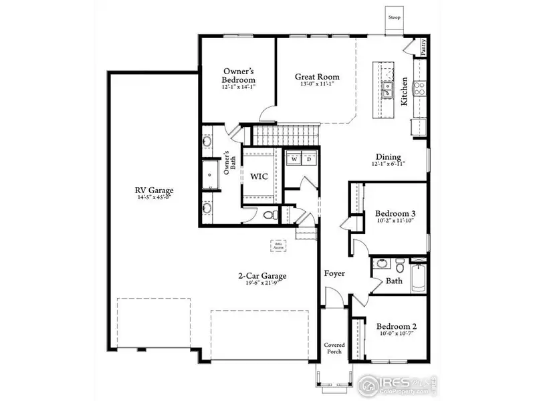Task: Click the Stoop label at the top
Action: (x=395, y=17)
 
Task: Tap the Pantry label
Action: (x=423, y=47)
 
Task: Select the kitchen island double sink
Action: (x=386, y=87)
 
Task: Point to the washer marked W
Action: (x=294, y=159)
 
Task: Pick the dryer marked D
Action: (x=308, y=159)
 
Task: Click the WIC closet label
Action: (x=259, y=178)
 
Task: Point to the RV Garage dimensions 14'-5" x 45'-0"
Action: (x=154, y=197)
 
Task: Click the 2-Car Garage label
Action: (x=262, y=275)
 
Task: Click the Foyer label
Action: (x=334, y=273)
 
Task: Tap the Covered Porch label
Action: (x=334, y=349)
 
